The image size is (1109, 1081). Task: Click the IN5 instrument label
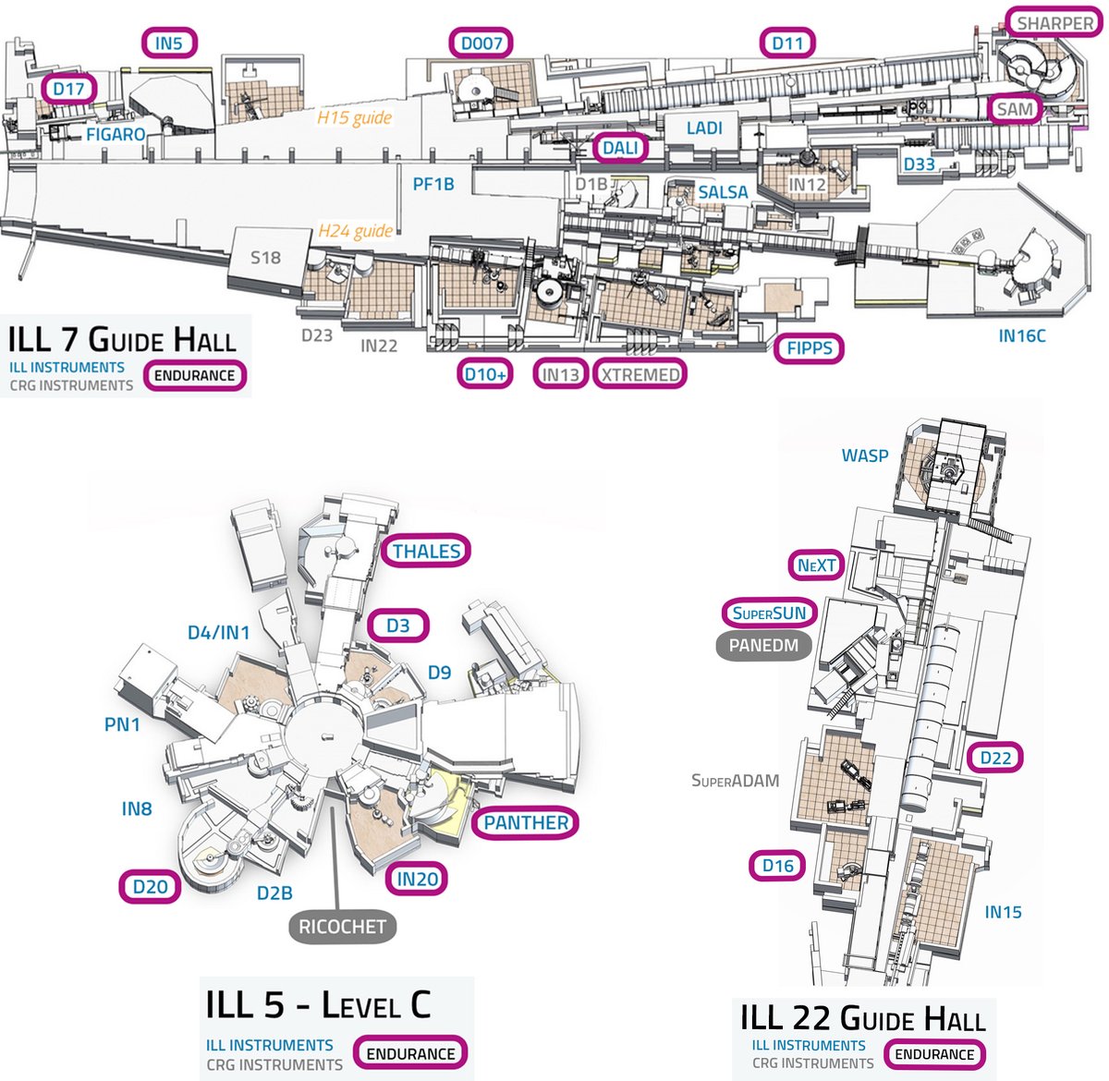point(169,43)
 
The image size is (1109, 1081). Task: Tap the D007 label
point(481,43)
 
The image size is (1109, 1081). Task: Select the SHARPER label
point(1054,23)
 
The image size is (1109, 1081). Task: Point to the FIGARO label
point(116,135)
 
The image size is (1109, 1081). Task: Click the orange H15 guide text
point(355,118)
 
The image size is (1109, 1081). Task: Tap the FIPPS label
point(809,347)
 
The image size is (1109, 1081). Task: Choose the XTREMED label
point(640,374)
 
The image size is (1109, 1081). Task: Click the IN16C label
point(1022,336)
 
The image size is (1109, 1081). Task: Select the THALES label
point(426,551)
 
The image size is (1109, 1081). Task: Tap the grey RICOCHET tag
point(343,927)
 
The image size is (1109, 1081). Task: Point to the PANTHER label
point(526,823)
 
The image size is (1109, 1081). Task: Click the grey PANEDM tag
point(763,646)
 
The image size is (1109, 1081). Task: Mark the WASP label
point(864,455)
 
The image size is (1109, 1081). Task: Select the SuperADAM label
point(735,780)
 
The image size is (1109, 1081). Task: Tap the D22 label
point(995,758)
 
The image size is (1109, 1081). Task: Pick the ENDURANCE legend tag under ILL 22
point(934,1054)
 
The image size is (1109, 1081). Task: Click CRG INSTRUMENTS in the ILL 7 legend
point(71,386)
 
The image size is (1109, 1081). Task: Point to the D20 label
point(150,887)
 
